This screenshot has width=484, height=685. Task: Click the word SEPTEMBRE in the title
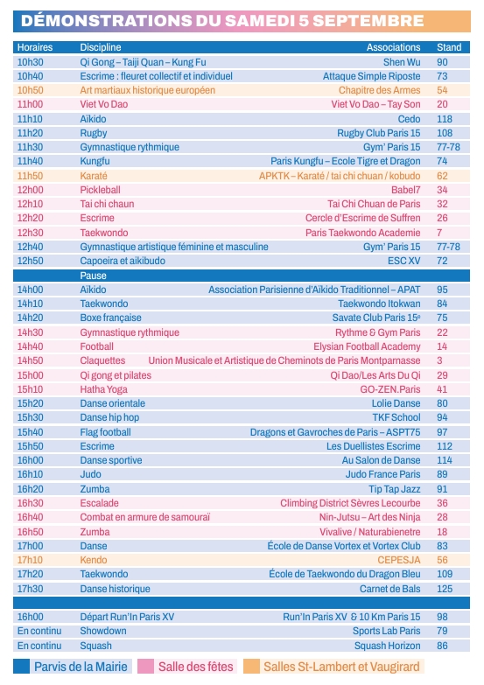(368, 20)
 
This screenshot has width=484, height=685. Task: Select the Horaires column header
(35, 47)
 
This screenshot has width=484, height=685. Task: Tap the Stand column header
(449, 47)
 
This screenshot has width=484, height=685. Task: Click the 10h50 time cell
(30, 90)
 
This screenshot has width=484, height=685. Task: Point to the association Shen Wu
(402, 62)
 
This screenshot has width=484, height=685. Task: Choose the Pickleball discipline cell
(100, 190)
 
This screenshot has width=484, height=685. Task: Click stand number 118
(445, 119)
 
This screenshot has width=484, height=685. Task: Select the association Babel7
(406, 190)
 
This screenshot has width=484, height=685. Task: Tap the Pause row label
(93, 276)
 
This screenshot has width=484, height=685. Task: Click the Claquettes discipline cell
(102, 360)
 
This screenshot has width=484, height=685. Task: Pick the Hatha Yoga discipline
(103, 389)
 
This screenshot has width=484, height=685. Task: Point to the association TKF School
(396, 417)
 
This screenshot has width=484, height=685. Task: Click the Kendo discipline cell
(94, 560)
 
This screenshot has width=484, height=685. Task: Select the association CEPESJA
(399, 560)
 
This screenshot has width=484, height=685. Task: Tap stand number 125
(445, 589)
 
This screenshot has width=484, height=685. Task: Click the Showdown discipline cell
(103, 631)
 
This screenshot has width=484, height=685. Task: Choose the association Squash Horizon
(388, 646)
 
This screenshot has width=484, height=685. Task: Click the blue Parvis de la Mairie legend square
(21, 667)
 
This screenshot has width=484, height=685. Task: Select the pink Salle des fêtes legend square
(145, 667)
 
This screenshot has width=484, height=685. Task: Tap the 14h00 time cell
(30, 290)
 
